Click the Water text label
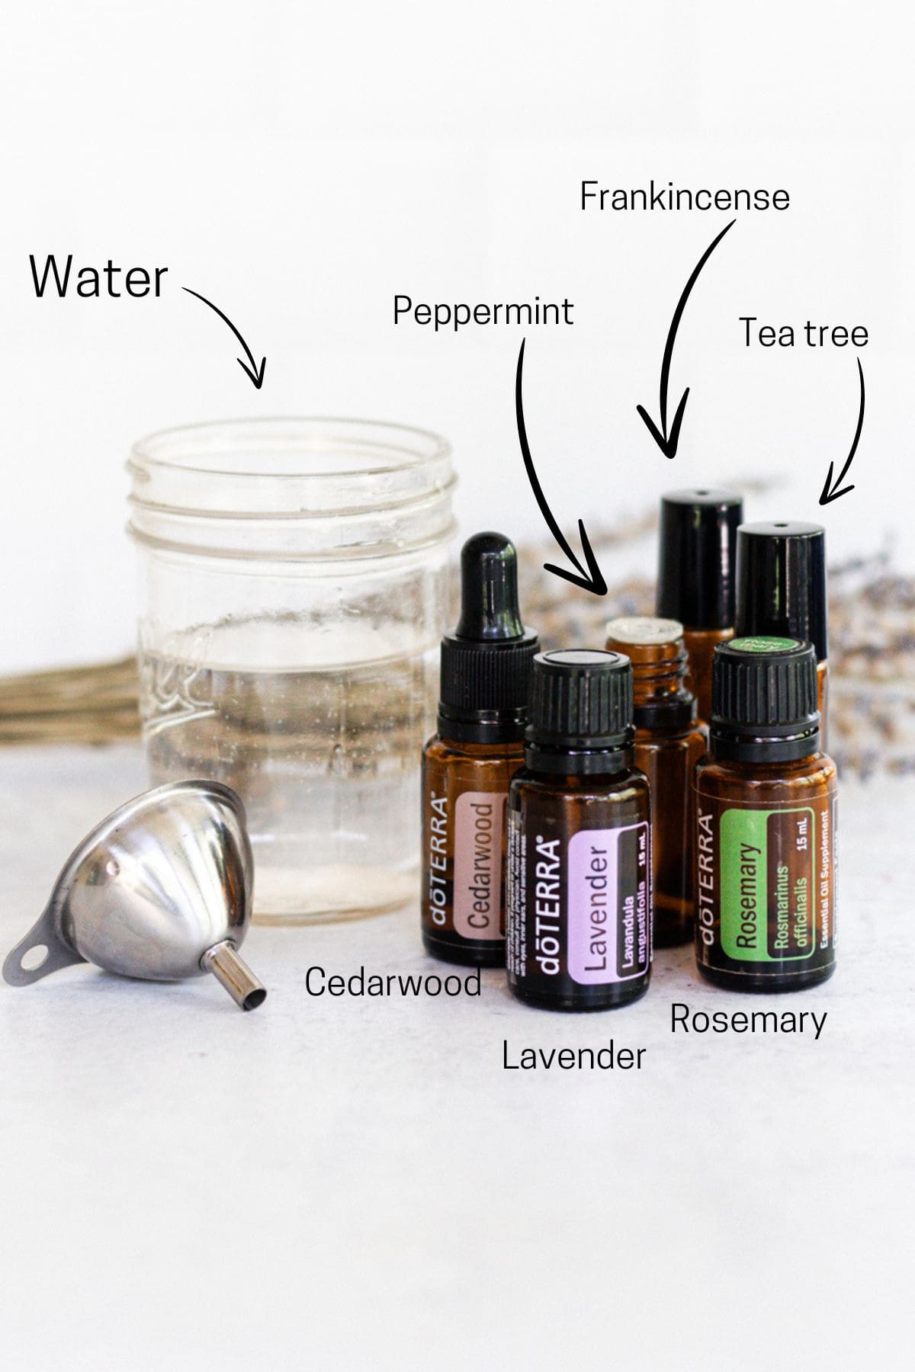coord(98,277)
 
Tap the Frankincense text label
coord(684,197)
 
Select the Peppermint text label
coord(483,311)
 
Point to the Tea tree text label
coord(804,333)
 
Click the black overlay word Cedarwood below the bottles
coord(393,982)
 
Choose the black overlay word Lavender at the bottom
coord(573,1056)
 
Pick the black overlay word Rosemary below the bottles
coord(748,1020)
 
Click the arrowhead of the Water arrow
coord(255,378)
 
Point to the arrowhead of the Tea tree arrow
coord(827,495)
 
